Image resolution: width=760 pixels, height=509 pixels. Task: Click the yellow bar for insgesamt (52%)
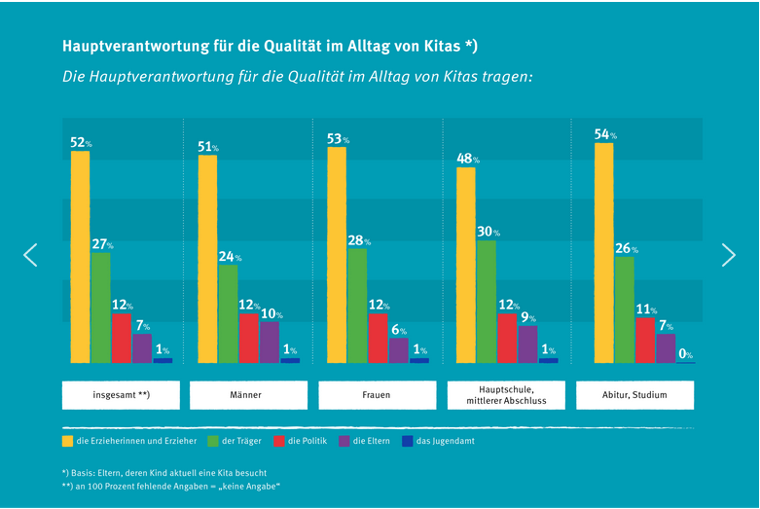point(80,257)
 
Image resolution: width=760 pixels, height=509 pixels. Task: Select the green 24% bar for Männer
point(229,313)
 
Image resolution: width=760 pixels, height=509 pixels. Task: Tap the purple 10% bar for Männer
point(270,343)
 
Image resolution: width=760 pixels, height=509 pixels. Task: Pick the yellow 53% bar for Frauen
point(337,255)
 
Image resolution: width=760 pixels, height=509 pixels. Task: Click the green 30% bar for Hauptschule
point(487,302)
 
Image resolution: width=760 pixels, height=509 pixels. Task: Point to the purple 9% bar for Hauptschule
point(527,345)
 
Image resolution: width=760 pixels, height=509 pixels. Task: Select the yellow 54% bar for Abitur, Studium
point(603,253)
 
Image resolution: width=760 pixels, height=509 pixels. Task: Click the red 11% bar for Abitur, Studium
point(644,340)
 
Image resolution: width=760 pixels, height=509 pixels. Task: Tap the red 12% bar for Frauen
point(378,338)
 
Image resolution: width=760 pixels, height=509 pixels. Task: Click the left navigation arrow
point(30,255)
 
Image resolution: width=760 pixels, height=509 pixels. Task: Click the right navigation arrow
point(729,255)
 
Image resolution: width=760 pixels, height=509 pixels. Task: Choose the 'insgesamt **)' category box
point(122,395)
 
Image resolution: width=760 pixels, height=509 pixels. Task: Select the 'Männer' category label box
point(248,395)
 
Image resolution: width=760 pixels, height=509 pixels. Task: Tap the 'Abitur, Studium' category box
point(634,395)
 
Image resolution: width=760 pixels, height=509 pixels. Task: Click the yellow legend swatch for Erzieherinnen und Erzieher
point(67,441)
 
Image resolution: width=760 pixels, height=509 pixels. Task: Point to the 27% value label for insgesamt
point(102,245)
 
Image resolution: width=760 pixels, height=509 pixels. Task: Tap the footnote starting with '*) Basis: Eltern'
point(163,472)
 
